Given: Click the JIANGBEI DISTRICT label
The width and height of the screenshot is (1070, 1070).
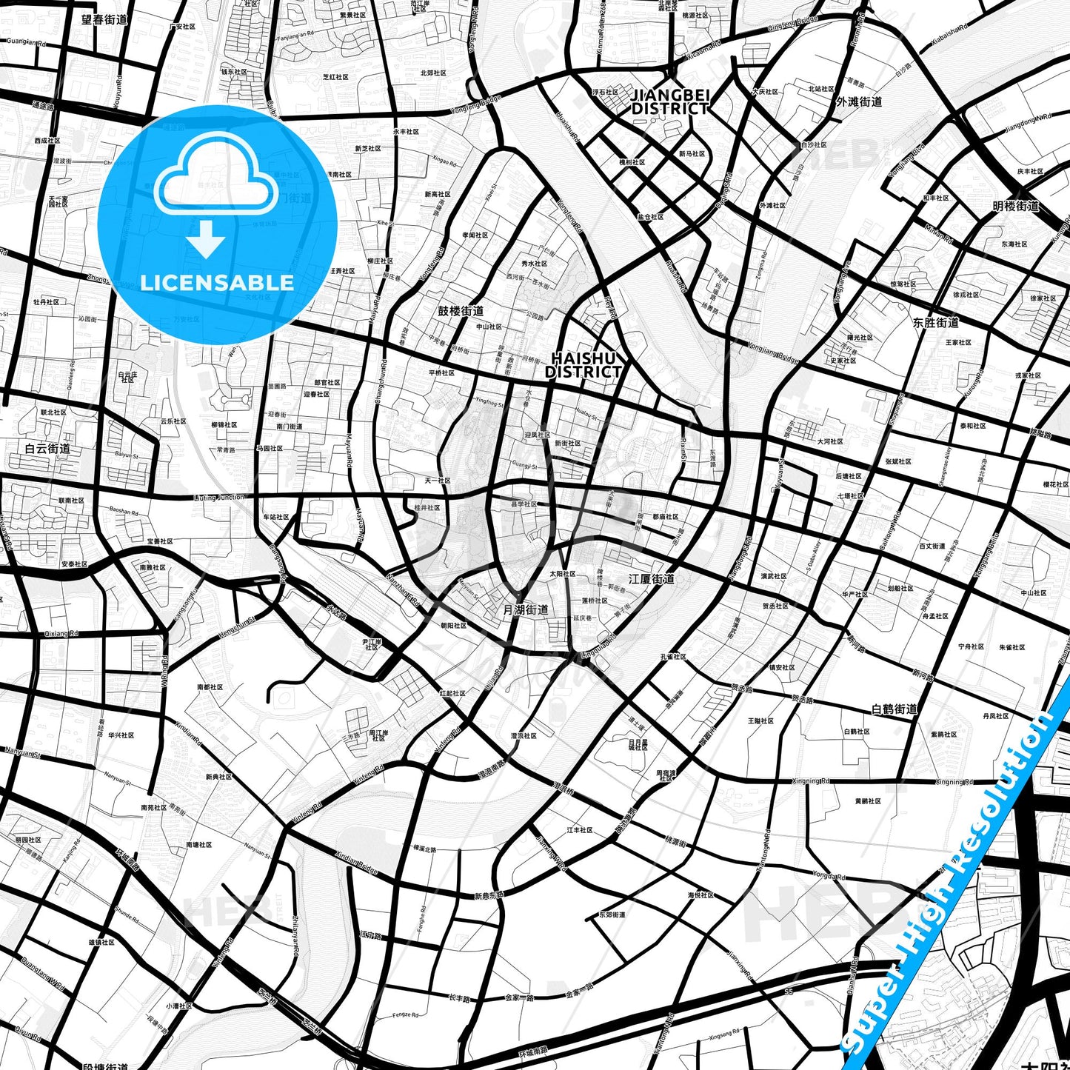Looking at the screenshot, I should [x=670, y=101].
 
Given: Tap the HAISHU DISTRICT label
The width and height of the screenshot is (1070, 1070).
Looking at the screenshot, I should [x=584, y=365].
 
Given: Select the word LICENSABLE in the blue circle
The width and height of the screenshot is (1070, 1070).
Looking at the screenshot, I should [x=217, y=282].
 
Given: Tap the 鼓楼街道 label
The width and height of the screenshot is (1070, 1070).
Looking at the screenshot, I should [x=461, y=311].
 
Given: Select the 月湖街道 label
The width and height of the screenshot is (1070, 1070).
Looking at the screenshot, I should [x=526, y=609].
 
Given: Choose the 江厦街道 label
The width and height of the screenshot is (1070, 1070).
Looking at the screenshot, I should [x=652, y=578].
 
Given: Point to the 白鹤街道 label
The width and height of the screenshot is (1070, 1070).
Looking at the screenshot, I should [x=895, y=709].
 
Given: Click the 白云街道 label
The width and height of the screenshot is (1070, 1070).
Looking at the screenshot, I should [x=47, y=448].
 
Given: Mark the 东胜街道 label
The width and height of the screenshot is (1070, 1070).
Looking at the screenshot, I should [x=936, y=322].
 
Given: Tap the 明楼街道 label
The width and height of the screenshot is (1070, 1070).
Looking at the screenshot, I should [x=1016, y=206].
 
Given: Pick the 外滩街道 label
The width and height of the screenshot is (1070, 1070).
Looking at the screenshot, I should [x=859, y=101].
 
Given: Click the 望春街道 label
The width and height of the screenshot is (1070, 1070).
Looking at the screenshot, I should [x=104, y=19].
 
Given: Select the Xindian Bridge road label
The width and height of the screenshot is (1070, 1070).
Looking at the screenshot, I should [x=357, y=862].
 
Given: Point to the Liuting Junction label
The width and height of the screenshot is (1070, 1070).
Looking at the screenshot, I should [x=219, y=498].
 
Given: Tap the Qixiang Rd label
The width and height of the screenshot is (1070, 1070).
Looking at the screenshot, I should [x=61, y=634].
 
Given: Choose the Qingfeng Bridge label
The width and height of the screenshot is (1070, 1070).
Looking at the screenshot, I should [x=793, y=23].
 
